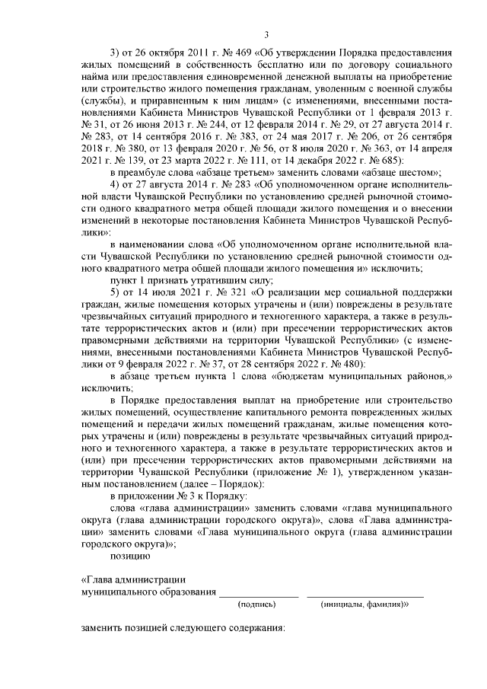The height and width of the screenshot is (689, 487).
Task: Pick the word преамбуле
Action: click(146, 173)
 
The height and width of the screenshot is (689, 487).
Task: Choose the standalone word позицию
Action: click(131, 557)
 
